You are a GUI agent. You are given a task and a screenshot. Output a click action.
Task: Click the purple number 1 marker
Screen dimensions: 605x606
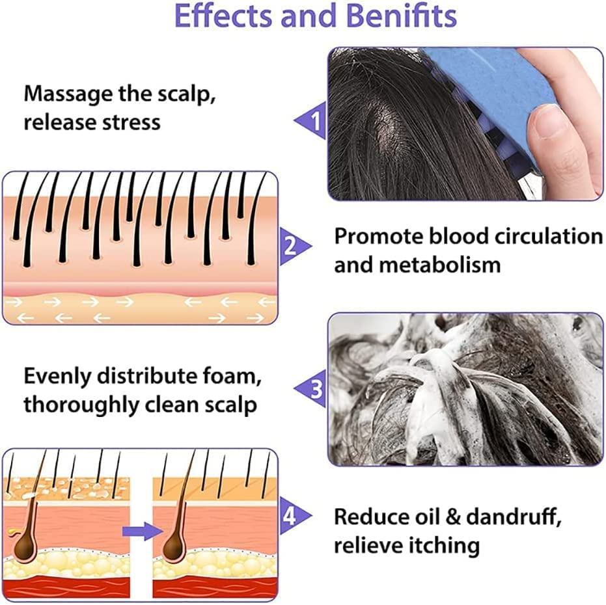(316, 120)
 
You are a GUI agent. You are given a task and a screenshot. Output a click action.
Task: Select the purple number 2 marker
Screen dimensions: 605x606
(291, 247)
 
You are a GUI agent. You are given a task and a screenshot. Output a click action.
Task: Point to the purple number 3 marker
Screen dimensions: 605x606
(316, 389)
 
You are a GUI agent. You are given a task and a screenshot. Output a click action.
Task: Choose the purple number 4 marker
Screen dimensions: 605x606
(291, 518)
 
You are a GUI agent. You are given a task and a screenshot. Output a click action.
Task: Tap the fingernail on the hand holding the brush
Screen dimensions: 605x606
(543, 123)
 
